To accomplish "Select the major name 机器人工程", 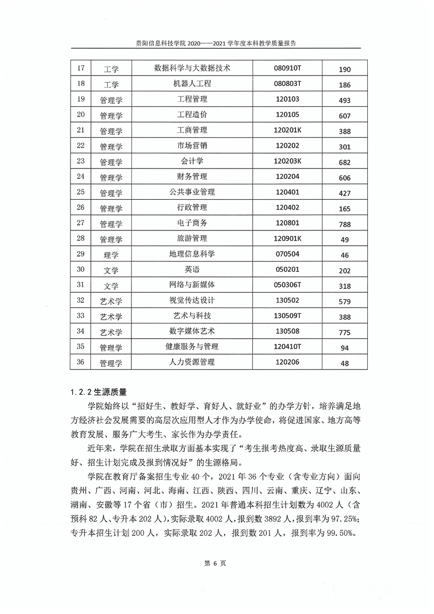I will (192, 84).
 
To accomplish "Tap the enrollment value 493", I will (344, 100).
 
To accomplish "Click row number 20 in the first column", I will (81, 114).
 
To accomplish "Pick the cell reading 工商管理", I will (192, 130).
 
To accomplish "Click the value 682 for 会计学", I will (344, 163).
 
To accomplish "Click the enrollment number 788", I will (344, 224).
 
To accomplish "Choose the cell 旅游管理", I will (192, 239).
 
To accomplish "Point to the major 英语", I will (192, 269).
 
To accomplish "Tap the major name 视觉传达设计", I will (192, 300).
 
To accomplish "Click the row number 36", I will (81, 362).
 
